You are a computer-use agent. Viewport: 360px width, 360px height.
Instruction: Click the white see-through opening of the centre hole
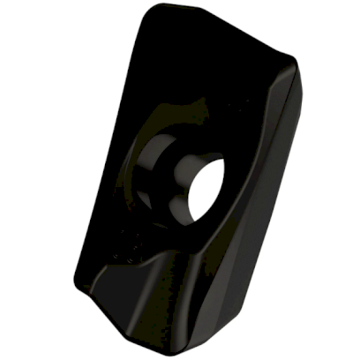click(x=208, y=187)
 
